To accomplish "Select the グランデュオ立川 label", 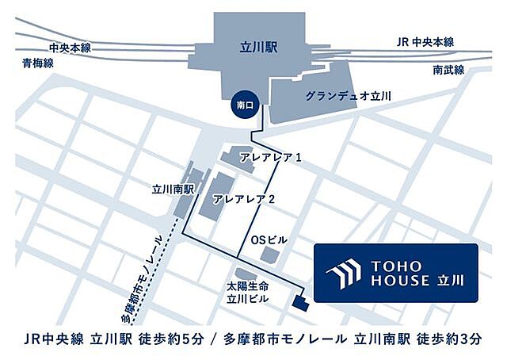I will (349, 96).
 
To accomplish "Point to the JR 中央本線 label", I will (426, 42).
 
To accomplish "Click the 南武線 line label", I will (448, 71).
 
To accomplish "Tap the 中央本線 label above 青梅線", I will (71, 48).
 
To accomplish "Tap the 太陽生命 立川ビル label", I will (244, 292).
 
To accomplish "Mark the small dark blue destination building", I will (299, 302).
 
